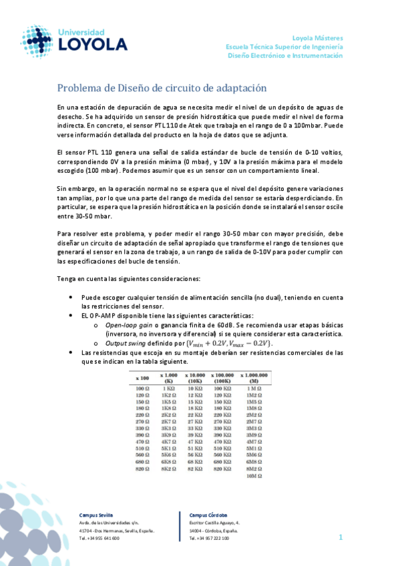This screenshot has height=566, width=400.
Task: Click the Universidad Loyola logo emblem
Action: pos(36,41)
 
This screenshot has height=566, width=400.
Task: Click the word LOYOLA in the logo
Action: pos(93,45)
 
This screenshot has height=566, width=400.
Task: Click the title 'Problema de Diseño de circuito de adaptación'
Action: pos(162,88)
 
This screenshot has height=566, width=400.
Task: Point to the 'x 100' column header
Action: pos(142,378)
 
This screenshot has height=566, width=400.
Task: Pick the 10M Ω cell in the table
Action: pos(253,477)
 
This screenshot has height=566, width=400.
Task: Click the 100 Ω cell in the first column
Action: pos(142,388)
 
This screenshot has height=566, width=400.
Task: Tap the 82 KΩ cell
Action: pos(195,469)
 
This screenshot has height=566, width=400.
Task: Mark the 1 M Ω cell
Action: pos(253,388)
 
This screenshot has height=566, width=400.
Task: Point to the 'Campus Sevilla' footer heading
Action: pos(97,516)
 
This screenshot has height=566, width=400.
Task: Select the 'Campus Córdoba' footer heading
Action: pos(208,516)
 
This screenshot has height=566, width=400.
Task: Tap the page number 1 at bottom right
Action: pos(340,537)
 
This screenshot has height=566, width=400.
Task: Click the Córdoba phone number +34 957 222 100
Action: pos(210,538)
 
